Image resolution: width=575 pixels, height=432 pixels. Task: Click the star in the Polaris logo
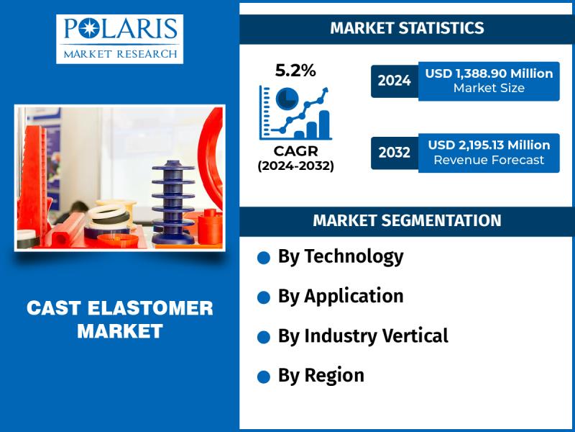88,29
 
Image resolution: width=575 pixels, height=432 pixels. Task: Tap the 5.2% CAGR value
295,71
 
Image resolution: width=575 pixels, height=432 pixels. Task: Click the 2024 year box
394,81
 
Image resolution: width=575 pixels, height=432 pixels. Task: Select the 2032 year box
394,153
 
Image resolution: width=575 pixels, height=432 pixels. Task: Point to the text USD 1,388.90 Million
489,73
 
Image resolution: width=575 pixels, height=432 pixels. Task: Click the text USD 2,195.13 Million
489,145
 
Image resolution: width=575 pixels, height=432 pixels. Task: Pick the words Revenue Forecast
489,160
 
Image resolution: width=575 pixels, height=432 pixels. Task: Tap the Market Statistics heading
407,28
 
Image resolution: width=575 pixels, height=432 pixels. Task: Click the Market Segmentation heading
407,220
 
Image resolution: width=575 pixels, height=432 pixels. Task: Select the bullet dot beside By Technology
264,258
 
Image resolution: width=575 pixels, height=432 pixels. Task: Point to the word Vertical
415,336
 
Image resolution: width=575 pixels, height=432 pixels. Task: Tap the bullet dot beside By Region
264,377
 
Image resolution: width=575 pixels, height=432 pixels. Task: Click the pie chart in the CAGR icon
287,99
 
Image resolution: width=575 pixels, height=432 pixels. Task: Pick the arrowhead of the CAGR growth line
324,91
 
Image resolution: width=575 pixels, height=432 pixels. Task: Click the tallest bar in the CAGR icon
324,125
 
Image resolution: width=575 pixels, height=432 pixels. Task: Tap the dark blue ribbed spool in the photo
173,203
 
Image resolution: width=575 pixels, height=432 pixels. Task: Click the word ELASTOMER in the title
150,308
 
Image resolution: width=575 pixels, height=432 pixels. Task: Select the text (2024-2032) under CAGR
295,166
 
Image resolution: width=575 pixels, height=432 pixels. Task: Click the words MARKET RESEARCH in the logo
120,54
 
